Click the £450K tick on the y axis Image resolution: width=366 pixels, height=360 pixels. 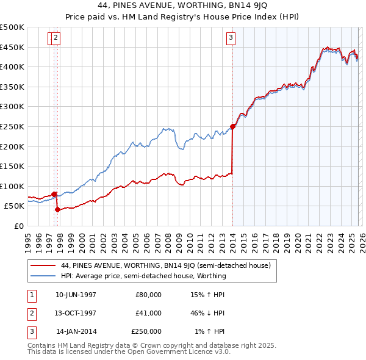12,47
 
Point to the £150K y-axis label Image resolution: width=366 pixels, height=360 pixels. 12,166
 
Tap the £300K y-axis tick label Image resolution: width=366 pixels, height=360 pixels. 12,106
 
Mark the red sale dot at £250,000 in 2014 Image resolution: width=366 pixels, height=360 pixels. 232,127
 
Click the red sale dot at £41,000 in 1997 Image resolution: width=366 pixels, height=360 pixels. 57,209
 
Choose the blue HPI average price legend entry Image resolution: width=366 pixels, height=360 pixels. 143,276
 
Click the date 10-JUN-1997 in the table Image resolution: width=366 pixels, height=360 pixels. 76,294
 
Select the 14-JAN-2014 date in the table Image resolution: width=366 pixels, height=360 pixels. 76,331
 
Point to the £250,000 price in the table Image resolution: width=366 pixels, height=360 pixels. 146,331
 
